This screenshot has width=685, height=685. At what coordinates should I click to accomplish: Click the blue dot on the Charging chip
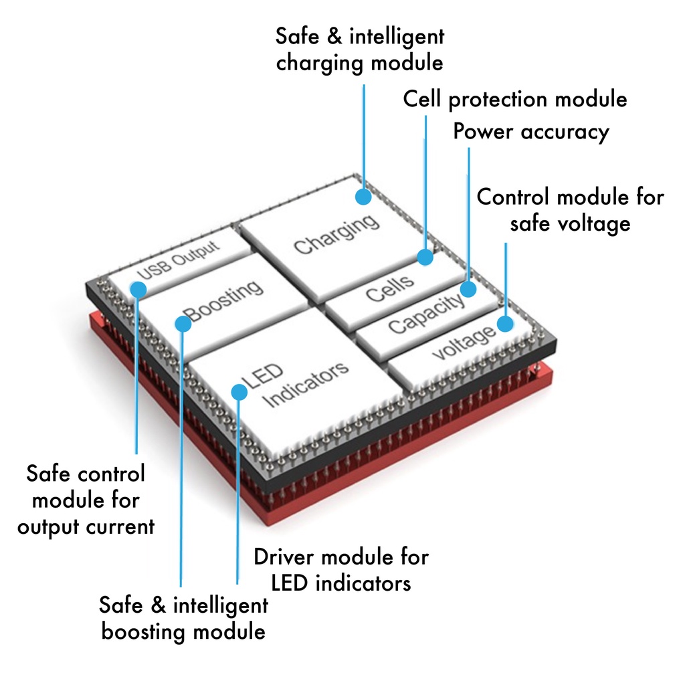coord(363,197)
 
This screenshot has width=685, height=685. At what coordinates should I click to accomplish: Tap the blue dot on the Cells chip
coord(425,257)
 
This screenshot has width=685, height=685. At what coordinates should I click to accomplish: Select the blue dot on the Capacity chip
coord(468,289)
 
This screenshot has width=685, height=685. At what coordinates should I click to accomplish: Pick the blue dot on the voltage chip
coord(505,324)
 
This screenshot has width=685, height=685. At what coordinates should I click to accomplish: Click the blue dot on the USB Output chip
coord(138,290)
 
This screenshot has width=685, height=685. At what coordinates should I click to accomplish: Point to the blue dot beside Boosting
coord(183,324)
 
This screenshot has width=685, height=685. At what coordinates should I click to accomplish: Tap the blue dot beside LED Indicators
coord(239,392)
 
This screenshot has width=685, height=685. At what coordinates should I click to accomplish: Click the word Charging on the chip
coord(336,235)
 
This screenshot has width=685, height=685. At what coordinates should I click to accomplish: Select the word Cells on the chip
coord(390,288)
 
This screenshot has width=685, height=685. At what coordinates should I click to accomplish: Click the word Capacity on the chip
coord(426,314)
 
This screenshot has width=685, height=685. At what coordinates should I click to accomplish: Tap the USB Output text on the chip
coord(178,260)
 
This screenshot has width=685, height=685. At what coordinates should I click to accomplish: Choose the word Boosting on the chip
coord(224,300)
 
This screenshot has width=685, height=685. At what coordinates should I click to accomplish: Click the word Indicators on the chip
coord(307,385)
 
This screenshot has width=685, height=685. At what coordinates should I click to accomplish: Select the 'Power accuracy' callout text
coord(531,132)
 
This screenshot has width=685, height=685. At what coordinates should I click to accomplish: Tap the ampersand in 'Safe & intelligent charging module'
coord(334,36)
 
